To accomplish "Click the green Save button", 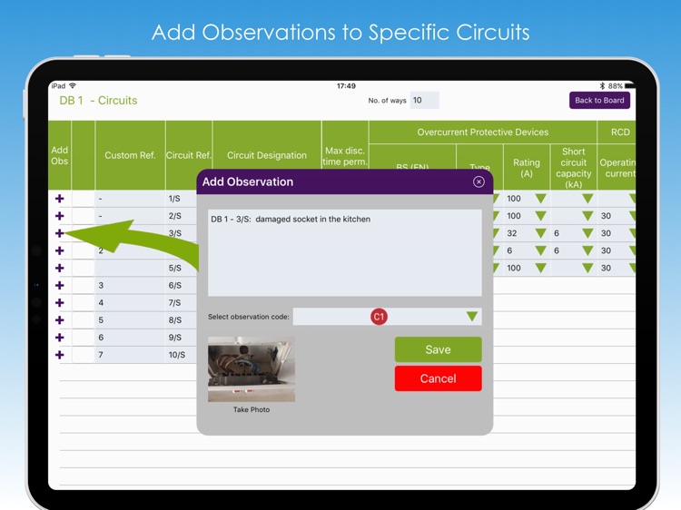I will (x=438, y=349).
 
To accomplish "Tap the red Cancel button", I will (x=438, y=378).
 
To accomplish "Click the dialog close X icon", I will (x=479, y=181).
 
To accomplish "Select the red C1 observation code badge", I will (x=379, y=317).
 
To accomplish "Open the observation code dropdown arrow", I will (x=472, y=317).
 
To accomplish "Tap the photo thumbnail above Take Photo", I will (x=252, y=369).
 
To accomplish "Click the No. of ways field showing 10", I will (x=424, y=101).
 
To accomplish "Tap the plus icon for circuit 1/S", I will (x=60, y=198).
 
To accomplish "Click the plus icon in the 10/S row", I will (x=60, y=355).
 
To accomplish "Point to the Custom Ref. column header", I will (x=130, y=155).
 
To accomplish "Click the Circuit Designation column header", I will (x=266, y=155).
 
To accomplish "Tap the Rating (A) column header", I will (x=527, y=168).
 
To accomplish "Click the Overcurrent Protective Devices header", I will (x=482, y=132).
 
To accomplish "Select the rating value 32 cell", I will (x=514, y=233).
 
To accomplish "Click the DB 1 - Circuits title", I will (x=98, y=101).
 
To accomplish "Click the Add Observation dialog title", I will (x=248, y=181).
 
